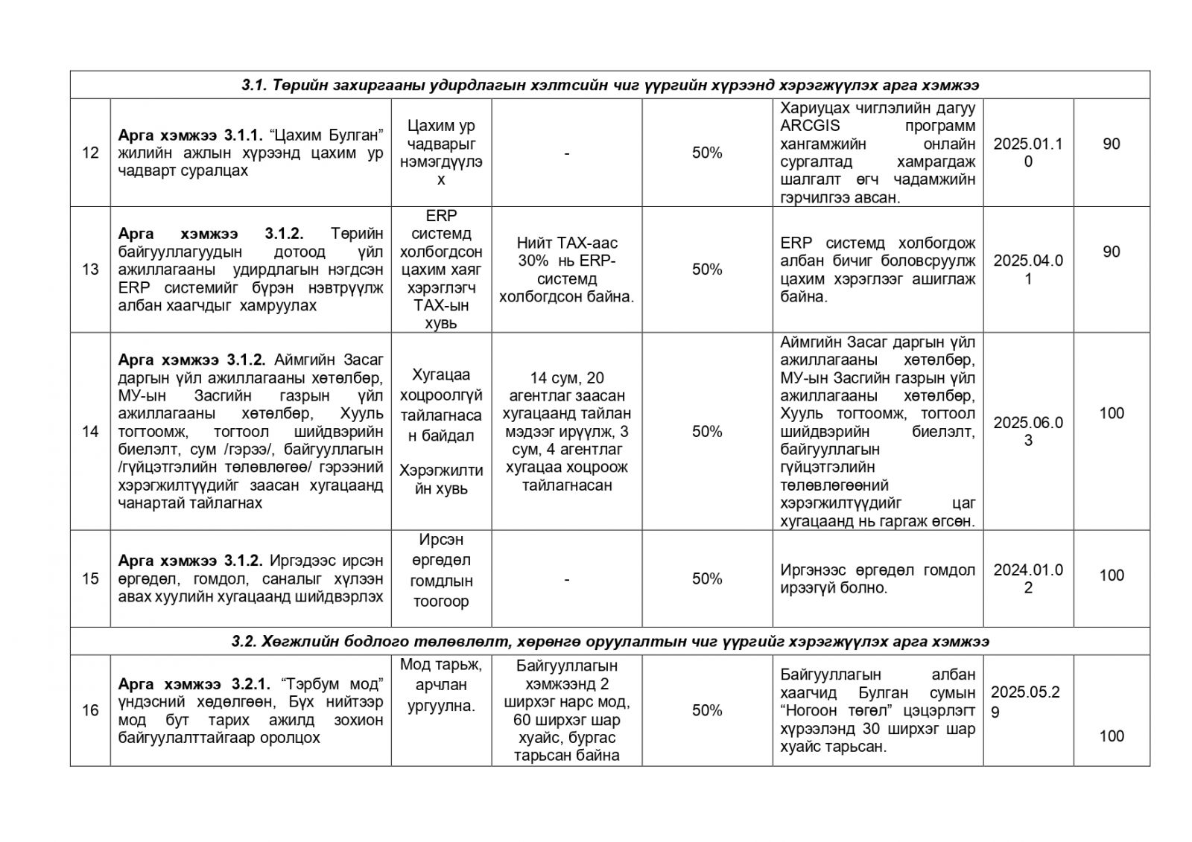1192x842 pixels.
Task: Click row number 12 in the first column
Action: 90,153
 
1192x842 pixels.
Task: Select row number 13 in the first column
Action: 90,269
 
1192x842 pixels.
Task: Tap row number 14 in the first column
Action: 90,431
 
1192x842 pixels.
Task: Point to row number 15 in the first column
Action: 90,578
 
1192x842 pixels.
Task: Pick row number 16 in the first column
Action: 90,710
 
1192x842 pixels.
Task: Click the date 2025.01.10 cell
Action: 1027,153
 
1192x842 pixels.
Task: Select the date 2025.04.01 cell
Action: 1027,269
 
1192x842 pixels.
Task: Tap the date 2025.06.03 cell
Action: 1027,431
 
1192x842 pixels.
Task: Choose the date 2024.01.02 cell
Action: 1027,578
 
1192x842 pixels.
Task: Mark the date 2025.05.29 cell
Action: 1024,701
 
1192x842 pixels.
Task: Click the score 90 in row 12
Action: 1111,144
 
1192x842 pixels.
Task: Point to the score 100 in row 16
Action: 1111,736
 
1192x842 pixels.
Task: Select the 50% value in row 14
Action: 707,431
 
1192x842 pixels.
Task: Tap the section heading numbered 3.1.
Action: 609,86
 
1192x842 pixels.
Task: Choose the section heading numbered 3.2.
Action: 609,642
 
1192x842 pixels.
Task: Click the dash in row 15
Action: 567,578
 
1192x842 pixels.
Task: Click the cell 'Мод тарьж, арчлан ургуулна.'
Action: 440,685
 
